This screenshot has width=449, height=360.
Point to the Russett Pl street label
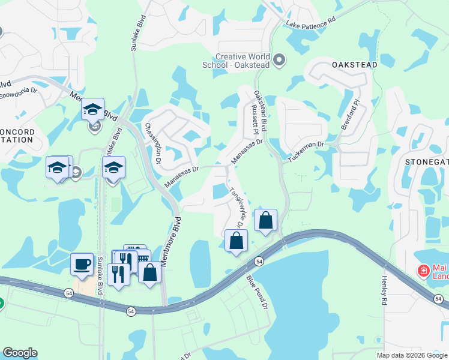click(253, 119)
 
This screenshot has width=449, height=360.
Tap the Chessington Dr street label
click(153, 143)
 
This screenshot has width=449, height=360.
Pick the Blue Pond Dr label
click(256, 292)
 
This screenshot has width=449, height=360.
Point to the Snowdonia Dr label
click(18, 95)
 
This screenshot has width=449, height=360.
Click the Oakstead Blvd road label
click(260, 108)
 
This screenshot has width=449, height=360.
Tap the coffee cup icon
click(82, 264)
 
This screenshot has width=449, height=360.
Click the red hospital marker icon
click(424, 271)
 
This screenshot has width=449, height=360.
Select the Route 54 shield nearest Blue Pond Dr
click(259, 261)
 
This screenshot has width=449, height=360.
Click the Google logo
click(20, 353)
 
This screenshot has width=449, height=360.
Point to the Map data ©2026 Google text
click(412, 355)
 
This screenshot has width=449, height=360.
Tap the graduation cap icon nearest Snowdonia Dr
click(93, 109)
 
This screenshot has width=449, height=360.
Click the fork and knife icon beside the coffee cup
click(118, 275)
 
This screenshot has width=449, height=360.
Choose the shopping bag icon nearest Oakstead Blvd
click(265, 220)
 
